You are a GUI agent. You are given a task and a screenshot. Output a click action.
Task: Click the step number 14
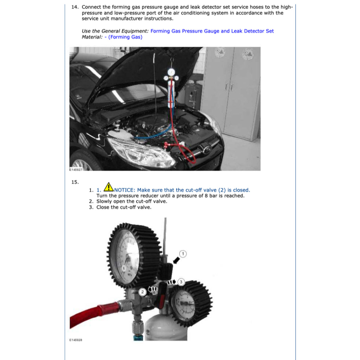click(x=75, y=7)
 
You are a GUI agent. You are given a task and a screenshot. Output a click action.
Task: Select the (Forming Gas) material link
click(x=126, y=37)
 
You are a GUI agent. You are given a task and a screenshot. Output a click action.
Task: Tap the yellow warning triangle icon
click(x=109, y=187)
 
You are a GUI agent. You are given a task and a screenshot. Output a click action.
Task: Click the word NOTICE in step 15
click(x=124, y=190)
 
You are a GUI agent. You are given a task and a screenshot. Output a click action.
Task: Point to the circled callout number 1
click(x=183, y=254)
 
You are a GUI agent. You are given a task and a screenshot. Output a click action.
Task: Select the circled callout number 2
click(x=142, y=292)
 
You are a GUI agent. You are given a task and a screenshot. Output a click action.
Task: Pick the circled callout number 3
click(x=181, y=282)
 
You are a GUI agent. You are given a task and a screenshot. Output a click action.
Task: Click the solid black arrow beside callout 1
click(x=176, y=261)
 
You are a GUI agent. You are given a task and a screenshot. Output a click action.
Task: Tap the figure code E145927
click(x=76, y=170)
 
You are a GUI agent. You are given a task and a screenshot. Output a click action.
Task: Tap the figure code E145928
click(x=76, y=340)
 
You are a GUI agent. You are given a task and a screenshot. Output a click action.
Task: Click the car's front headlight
click(x=140, y=153)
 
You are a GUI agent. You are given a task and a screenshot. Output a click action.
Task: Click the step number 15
click(x=75, y=182)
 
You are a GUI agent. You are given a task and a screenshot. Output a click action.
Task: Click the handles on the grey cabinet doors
click(x=229, y=87)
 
